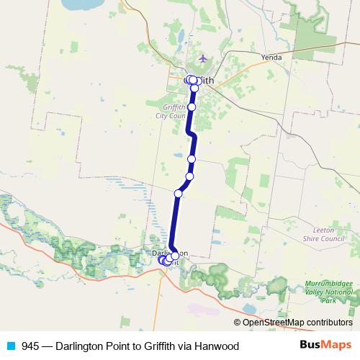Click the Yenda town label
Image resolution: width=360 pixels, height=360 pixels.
tap(271, 57)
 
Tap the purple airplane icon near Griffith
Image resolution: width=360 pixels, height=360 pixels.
tap(203, 58)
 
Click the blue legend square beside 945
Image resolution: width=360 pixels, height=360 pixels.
tap(11, 346)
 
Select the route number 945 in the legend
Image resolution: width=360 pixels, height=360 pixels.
tap(31, 346)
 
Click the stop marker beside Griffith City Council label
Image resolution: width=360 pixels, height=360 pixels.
tap(192, 106)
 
